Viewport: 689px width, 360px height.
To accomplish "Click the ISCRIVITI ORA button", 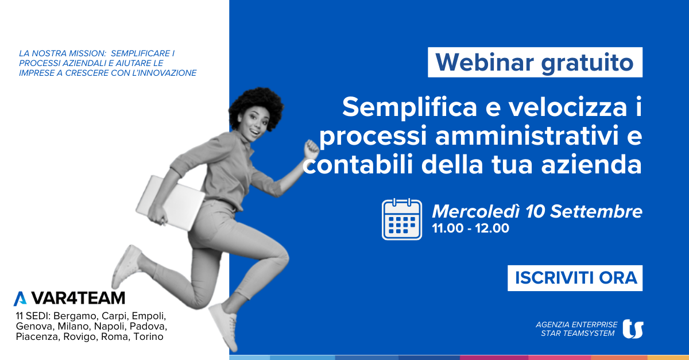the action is [575, 278].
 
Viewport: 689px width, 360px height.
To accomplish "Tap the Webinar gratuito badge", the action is [535, 62].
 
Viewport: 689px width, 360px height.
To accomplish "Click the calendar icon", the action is [402, 219].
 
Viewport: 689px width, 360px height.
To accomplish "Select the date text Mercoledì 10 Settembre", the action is [537, 211].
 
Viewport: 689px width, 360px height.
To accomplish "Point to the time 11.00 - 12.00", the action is [471, 229].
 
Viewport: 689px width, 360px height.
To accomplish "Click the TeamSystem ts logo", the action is [633, 329].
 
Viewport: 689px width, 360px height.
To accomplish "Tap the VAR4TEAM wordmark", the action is [78, 298].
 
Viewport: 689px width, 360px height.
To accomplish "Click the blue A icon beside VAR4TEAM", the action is [20, 299].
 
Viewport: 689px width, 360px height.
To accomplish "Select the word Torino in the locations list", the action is [148, 336].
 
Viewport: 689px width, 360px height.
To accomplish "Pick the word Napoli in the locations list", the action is [110, 326].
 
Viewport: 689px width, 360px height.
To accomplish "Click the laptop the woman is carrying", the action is [170, 203].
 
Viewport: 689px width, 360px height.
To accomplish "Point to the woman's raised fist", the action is [311, 149].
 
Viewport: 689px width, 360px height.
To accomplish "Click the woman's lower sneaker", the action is [223, 326].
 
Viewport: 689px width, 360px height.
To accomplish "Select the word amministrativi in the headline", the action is [527, 136].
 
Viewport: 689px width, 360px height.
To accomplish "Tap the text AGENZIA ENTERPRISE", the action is [576, 324].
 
